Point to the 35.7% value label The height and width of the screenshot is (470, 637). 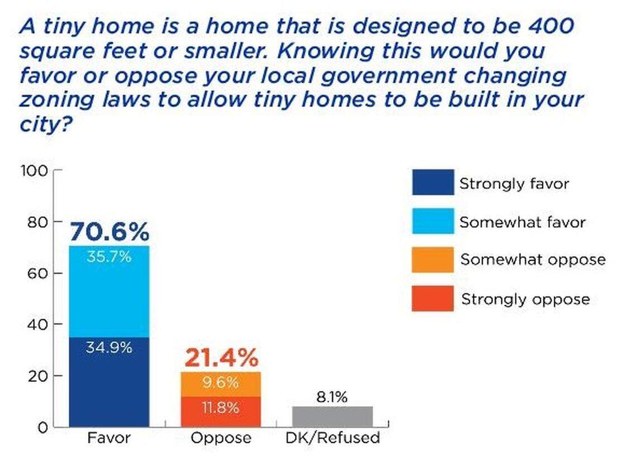click(110, 257)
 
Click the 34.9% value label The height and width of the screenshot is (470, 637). click(110, 347)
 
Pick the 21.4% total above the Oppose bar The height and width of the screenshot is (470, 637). click(221, 358)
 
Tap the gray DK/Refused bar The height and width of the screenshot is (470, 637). click(332, 416)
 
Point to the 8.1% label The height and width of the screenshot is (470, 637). click(332, 397)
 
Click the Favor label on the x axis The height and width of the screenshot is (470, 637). click(109, 438)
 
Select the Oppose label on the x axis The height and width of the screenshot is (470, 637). click(221, 438)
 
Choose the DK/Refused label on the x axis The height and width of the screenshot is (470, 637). click(332, 438)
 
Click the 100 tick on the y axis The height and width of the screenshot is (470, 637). click(35, 170)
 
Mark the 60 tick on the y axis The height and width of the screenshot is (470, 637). click(37, 273)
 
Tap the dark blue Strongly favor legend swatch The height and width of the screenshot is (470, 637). click(432, 183)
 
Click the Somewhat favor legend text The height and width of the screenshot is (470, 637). click(522, 222)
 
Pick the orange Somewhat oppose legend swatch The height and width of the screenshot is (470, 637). click(432, 260)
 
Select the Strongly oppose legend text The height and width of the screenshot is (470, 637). click(525, 299)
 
